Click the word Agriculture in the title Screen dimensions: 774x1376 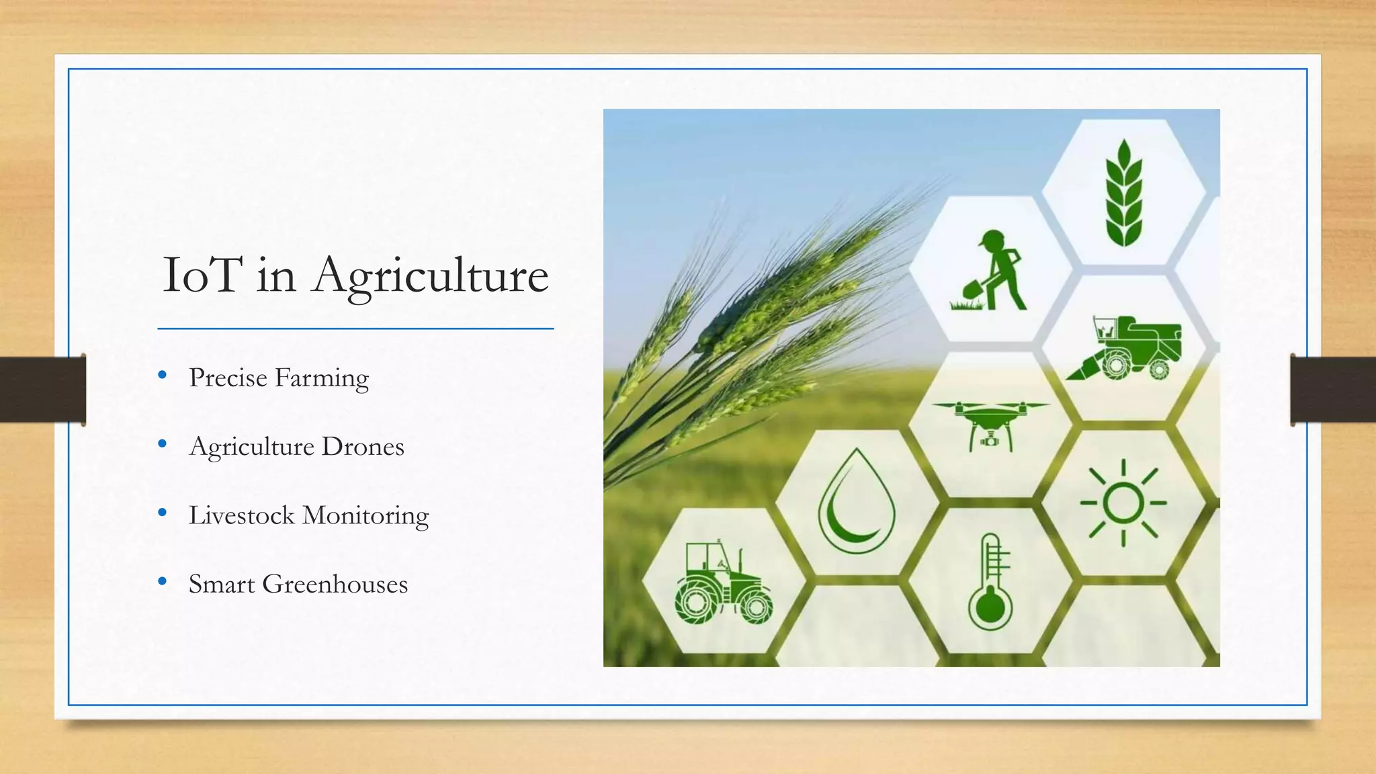tap(430, 275)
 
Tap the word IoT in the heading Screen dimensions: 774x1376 tap(202, 275)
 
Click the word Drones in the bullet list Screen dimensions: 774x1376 tap(363, 447)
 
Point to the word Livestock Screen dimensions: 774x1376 tap(242, 515)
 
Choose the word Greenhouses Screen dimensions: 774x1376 tap(335, 585)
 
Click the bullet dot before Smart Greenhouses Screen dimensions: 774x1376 tap(162, 581)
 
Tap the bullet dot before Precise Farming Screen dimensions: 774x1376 tap(162, 375)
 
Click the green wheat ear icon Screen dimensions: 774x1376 tap(1123, 193)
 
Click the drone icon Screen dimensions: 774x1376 tap(990, 423)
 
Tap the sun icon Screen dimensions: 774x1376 tap(1123, 503)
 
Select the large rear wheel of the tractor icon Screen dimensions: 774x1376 tap(696, 602)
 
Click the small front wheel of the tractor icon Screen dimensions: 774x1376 tap(756, 607)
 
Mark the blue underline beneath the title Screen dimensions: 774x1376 tap(355, 329)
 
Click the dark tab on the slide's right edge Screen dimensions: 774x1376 tap(1332, 390)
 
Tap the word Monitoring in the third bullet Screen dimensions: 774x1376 tap(365, 515)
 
